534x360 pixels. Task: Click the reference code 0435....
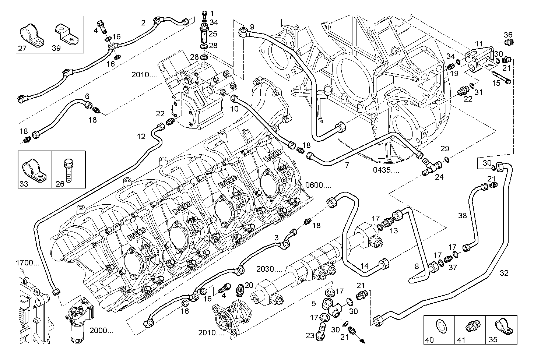point(385,170)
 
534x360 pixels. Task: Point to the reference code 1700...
point(27,263)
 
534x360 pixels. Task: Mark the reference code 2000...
point(101,330)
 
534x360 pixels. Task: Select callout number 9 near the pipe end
point(252,27)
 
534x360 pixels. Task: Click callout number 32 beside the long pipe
point(504,273)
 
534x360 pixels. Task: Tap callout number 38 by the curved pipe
point(462,215)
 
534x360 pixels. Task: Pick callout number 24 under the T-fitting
point(439,177)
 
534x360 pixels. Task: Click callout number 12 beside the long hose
point(141,137)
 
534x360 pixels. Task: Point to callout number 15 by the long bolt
point(496,83)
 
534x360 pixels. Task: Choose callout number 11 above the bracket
point(478,44)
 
